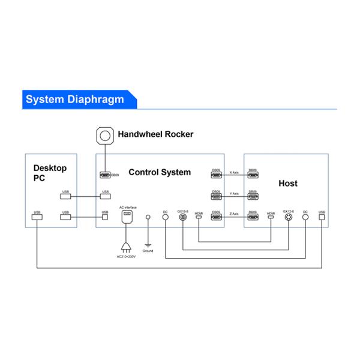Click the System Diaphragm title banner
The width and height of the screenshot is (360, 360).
click(75, 100)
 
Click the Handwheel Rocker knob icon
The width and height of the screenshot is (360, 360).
click(106, 136)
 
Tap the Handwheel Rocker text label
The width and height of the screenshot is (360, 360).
click(155, 134)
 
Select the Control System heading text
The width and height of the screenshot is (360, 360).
click(160, 172)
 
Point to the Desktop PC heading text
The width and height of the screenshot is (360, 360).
click(50, 173)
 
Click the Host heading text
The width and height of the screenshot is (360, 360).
click(288, 183)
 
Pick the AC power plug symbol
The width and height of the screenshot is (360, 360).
click(127, 245)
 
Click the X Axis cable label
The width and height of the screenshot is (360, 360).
click(234, 173)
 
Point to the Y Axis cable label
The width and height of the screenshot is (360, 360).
click(234, 194)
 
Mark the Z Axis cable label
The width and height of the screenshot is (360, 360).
click(234, 214)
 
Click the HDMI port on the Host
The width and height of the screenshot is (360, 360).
click(271, 217)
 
